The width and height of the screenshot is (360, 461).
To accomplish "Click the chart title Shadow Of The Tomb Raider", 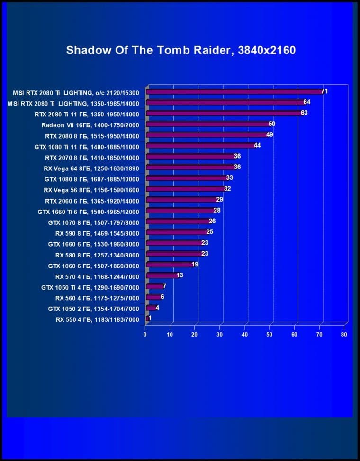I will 180,50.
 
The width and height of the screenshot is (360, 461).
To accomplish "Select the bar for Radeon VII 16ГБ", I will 207,124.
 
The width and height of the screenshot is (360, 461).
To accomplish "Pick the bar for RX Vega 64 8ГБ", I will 190,167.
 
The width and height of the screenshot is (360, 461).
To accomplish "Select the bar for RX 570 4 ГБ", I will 162,275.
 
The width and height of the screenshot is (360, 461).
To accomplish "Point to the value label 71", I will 324,91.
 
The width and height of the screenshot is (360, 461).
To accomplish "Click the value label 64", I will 307,102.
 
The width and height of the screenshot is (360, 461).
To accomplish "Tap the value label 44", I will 257,145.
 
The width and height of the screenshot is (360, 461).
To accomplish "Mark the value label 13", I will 180,275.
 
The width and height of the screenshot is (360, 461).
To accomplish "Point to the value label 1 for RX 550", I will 150,318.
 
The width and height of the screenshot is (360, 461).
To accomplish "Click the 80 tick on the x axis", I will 344,335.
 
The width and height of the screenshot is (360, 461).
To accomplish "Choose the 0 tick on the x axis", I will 145,335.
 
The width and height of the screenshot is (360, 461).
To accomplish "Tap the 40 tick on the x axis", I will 244,335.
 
